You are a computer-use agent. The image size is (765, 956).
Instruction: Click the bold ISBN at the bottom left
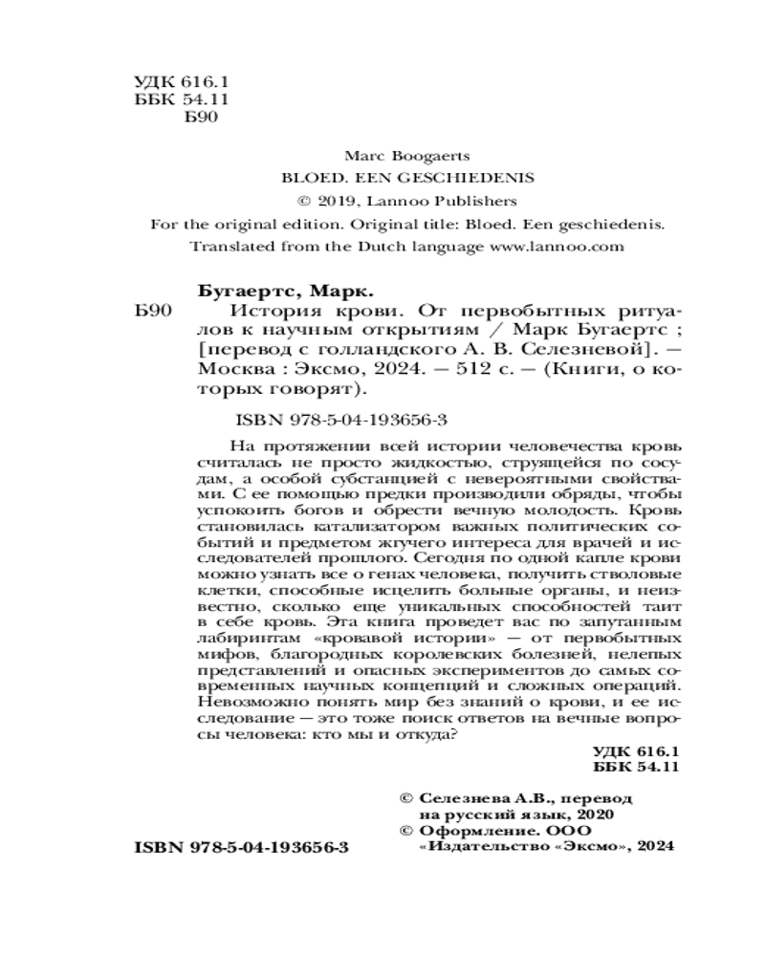click(x=244, y=848)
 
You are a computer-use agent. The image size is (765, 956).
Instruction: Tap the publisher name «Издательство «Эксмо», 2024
click(x=547, y=846)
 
